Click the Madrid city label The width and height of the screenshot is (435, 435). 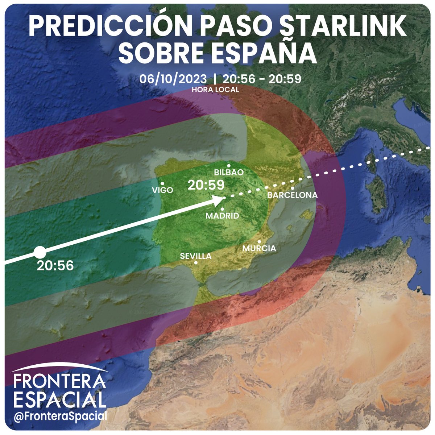coord(222,216)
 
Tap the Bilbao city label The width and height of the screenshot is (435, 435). coord(229,173)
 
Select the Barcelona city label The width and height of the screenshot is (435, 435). coord(292,195)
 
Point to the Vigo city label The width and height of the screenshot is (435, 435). coord(162,190)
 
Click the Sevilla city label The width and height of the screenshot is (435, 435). coord(196,256)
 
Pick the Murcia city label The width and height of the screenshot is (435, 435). coord(259,249)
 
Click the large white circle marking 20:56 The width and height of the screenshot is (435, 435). coord(40,252)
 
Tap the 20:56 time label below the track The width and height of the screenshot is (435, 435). coord(55,266)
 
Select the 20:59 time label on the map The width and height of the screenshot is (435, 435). coord(206,185)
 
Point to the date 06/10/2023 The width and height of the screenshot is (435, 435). coord(175,79)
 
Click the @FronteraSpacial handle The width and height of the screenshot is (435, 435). coord(60,416)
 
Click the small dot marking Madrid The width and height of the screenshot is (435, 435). coord(222,209)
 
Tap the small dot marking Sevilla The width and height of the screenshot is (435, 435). coord(196,263)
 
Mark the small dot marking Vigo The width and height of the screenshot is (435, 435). coord(162,183)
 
